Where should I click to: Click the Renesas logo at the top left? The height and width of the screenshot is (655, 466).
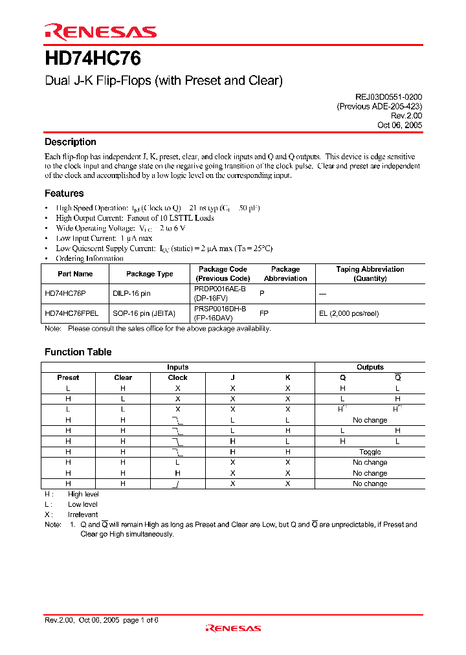click(100, 31)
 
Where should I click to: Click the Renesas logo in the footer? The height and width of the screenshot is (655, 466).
click(233, 628)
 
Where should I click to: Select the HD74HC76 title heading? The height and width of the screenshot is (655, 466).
click(93, 59)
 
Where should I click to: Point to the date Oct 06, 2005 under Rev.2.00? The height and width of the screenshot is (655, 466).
click(399, 126)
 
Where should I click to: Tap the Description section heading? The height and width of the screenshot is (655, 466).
click(71, 142)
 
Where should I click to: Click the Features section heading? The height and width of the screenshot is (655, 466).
click(64, 193)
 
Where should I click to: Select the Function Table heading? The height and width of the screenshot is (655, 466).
click(78, 352)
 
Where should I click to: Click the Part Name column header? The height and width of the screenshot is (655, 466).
click(75, 274)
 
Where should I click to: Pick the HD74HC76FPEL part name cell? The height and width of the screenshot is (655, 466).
click(72, 313)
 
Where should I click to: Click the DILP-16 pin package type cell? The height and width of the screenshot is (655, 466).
click(131, 293)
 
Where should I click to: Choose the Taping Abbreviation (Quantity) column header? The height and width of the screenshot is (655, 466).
click(370, 274)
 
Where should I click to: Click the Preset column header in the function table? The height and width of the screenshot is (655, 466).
click(68, 377)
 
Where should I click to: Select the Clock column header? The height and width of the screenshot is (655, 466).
click(177, 377)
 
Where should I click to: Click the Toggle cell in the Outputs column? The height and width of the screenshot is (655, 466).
click(370, 452)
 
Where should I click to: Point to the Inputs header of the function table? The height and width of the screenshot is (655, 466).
click(178, 367)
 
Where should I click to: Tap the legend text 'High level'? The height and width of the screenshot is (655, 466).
click(84, 494)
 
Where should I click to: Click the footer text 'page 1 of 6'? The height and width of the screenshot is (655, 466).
click(140, 620)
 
